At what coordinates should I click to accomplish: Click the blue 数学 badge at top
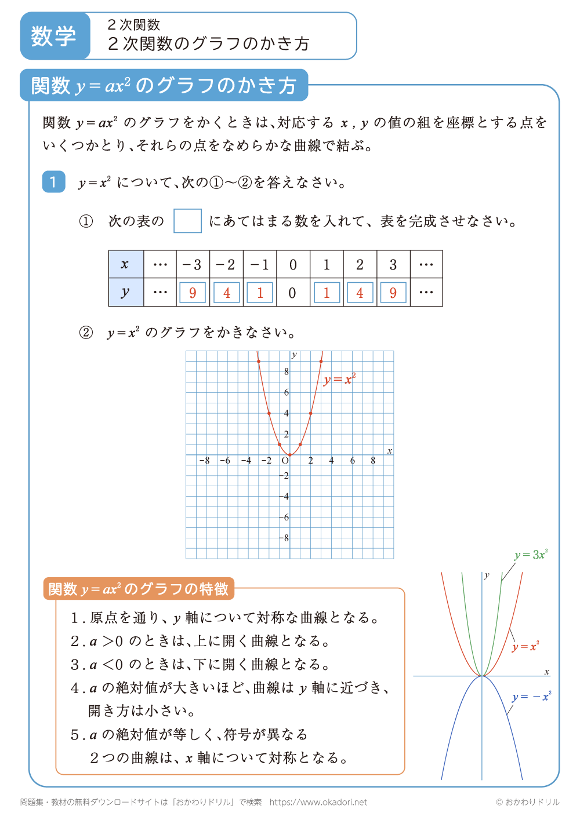tap(54, 36)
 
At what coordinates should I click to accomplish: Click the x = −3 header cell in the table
tap(193, 265)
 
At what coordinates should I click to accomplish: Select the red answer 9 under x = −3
tap(193, 293)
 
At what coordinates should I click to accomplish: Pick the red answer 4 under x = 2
tap(360, 293)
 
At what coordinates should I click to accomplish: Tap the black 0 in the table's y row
tap(292, 293)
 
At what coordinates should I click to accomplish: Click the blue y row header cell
tap(125, 292)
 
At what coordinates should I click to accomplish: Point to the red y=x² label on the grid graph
tap(340, 380)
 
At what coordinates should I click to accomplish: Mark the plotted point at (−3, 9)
tap(259, 362)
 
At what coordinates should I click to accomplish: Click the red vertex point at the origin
tap(290, 455)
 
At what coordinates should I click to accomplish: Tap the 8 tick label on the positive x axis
tap(373, 461)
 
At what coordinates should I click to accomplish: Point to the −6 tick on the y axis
tap(284, 517)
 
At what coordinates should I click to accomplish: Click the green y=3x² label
tap(531, 555)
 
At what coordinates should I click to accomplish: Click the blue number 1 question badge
tap(53, 182)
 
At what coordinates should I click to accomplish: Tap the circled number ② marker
tap(86, 333)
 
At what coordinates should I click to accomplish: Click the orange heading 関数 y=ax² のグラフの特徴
tap(139, 589)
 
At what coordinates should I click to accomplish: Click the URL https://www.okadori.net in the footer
tap(318, 802)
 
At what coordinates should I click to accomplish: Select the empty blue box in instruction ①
tap(187, 221)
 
